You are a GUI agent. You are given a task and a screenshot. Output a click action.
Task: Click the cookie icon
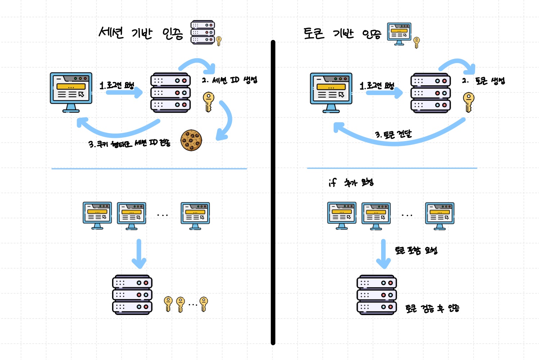191,140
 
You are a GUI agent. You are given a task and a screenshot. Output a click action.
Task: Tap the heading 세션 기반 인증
141,33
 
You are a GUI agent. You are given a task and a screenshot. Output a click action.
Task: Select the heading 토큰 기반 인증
342,34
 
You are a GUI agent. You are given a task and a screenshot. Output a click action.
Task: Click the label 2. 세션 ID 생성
230,80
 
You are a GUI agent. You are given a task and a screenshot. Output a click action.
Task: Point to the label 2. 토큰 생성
484,81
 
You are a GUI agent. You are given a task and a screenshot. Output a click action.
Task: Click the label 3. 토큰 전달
393,135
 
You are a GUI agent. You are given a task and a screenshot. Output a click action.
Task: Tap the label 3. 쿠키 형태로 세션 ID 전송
129,144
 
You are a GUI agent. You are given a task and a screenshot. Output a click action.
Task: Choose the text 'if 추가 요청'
351,183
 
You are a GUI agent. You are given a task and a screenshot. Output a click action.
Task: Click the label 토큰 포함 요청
416,250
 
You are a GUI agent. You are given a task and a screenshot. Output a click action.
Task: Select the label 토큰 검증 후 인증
432,309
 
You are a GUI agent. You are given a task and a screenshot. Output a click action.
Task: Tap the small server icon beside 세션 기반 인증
203,32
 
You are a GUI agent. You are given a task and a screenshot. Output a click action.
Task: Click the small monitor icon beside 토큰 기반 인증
399,34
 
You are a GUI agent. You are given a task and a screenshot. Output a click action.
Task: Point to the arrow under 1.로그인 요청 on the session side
124,93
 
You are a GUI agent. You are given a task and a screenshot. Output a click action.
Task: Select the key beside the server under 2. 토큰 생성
468,102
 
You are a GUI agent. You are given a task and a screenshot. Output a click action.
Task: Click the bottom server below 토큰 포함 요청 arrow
377,295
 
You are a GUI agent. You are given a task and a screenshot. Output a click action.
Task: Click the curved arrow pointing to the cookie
226,121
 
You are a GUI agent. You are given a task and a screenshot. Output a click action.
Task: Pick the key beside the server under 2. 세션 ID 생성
208,102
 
